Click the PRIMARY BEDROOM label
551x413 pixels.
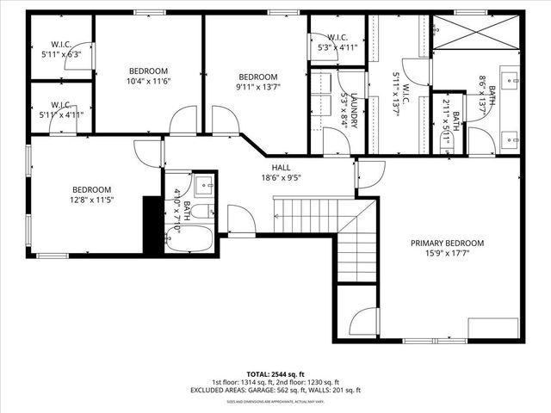447,243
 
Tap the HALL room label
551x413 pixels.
281,168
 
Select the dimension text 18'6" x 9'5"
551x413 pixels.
281,178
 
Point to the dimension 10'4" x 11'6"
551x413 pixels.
149,81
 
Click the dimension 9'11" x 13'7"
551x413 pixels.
257,86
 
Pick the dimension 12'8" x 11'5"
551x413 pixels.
91,200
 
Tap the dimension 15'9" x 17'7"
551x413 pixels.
447,254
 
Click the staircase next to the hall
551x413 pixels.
336,224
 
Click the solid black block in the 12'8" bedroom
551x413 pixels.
152,225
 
